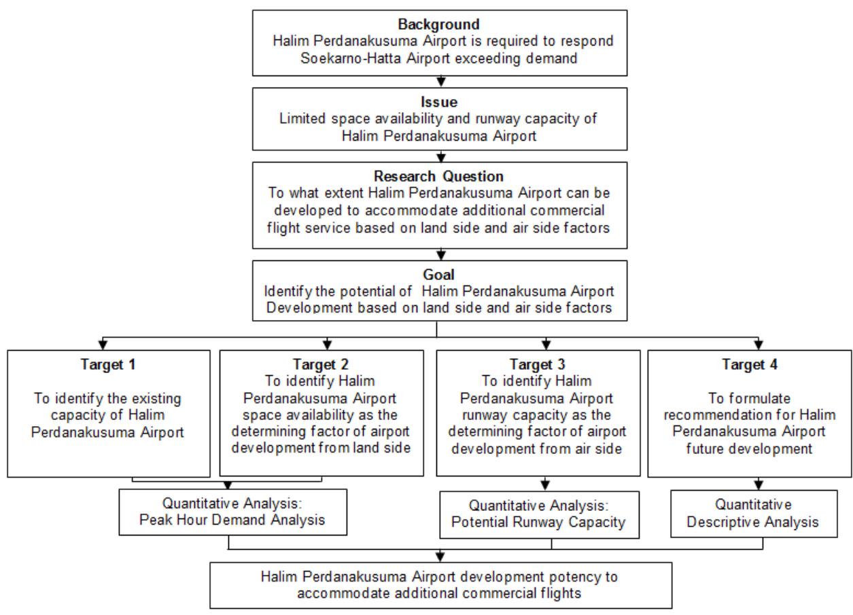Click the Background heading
[438, 24]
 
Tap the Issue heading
[439, 102]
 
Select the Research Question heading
[438, 176]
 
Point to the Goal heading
[438, 275]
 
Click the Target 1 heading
[108, 364]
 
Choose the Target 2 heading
[321, 364]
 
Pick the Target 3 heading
[538, 364]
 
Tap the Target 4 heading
[750, 364]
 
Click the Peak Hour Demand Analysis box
[233, 512]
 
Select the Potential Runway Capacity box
[540, 514]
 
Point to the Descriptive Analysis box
[754, 514]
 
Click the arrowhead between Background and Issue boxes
[441, 82]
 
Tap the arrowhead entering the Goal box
[441, 255]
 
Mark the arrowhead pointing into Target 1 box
[103, 345]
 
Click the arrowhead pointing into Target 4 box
[759, 345]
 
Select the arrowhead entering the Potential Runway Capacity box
[545, 485]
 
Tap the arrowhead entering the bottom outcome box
[440, 557]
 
